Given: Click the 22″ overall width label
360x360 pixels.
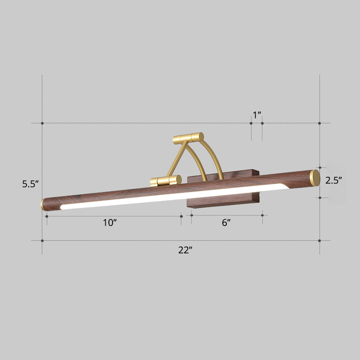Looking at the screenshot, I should click(185, 251).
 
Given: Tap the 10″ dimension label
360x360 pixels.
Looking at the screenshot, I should click(109, 223).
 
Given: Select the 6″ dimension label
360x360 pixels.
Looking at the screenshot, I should click(226, 223).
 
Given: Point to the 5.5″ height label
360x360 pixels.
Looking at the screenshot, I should click(31, 184).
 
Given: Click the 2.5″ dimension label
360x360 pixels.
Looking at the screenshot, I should click(334, 180).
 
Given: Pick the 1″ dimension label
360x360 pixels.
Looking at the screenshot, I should click(257, 115).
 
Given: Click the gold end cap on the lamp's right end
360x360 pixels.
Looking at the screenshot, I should click(315, 178).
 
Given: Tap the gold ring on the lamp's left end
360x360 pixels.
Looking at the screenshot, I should click(43, 204).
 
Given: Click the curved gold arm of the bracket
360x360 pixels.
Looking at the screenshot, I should click(214, 157).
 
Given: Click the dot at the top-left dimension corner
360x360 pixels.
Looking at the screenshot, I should click(42, 123).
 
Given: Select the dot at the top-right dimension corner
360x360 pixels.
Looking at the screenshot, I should click(319, 123).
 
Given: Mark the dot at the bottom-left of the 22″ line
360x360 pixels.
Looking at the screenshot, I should click(42, 240).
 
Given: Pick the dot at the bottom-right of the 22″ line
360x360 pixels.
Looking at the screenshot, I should click(319, 240).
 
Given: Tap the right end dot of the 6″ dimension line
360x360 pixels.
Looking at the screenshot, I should click(263, 216).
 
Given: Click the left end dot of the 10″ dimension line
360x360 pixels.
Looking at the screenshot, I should click(47, 216).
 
